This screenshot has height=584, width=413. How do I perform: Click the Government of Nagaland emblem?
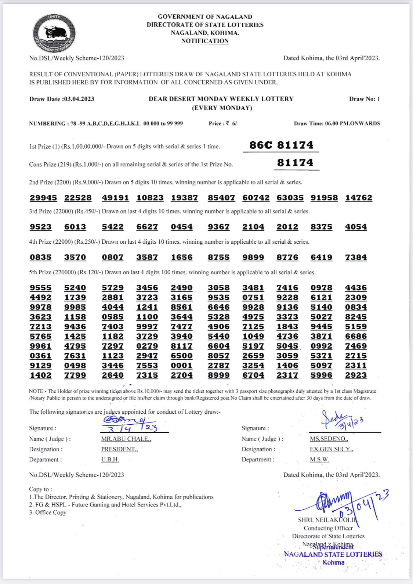54,33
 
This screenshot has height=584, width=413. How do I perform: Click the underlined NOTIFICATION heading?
205,41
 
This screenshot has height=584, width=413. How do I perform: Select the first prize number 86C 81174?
281,145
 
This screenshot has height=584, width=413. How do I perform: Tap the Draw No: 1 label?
364,99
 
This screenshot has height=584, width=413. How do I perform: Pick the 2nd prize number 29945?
43,198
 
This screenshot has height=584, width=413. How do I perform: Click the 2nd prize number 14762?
358,198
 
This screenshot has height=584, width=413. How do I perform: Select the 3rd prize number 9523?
41,227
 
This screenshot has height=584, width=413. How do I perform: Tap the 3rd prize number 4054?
356,227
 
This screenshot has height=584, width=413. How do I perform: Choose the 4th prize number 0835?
41,257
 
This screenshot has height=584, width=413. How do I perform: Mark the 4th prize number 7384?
356,257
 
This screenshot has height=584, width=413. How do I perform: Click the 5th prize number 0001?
181,366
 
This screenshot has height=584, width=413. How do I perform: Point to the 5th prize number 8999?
218,375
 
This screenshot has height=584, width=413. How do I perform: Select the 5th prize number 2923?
356,375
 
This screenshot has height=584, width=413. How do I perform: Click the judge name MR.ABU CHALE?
126,439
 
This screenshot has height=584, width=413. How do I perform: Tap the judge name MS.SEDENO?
329,439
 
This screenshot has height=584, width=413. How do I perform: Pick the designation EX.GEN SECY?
331,449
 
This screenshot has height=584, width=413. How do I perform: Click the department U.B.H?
110,459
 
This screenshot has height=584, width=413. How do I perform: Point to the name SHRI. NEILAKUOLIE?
327,520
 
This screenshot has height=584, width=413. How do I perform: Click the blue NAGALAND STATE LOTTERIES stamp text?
333,554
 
